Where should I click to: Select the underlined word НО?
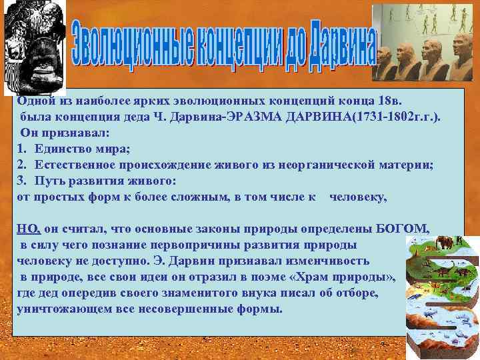pos(29,229)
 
